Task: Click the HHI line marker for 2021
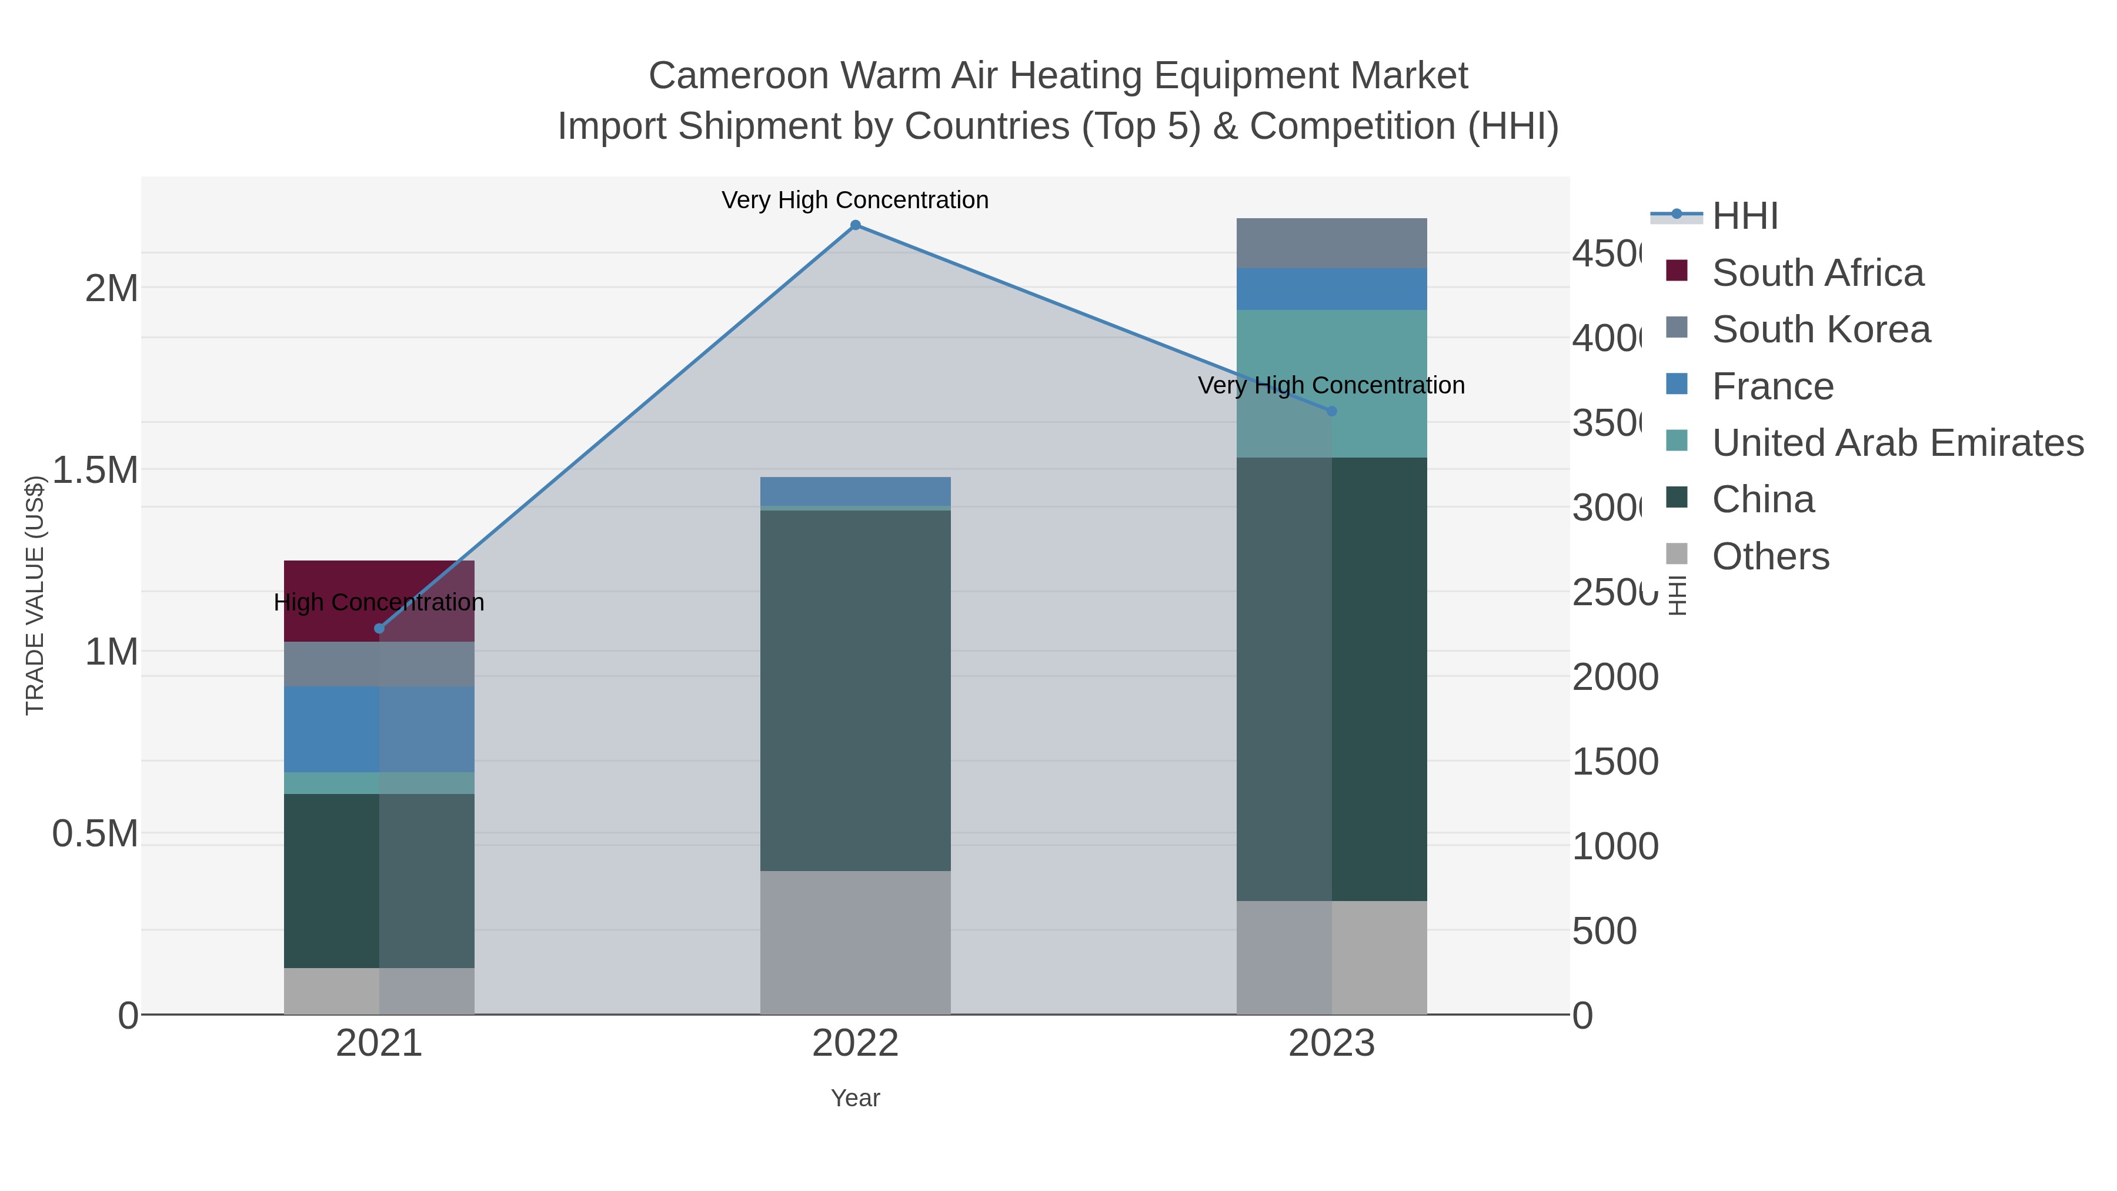[x=379, y=629]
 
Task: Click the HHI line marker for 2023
[x=1332, y=411]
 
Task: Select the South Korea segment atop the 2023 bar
[x=1331, y=243]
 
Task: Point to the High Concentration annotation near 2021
[x=379, y=602]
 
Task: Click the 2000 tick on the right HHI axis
[x=1614, y=678]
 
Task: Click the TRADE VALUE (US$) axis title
[x=35, y=595]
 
